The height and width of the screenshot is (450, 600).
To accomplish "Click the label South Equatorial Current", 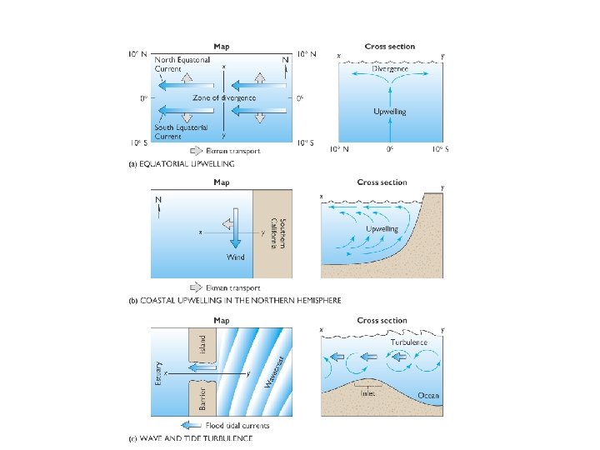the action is coord(169,132).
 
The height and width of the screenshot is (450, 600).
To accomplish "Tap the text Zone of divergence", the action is coord(224,97).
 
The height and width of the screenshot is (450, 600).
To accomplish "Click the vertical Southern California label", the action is coord(277,237).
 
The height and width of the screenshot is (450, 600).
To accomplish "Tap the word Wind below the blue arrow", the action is coord(236,257).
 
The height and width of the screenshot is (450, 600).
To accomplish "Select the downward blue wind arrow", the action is coord(236,228).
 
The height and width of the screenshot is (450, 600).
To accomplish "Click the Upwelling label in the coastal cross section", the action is coord(382,228).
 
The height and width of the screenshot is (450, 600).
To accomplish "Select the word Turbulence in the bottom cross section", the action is coord(408,342).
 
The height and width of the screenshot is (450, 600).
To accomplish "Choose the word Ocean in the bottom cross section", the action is coord(428,395).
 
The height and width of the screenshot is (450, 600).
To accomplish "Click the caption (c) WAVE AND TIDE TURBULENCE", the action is coord(189,438).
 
